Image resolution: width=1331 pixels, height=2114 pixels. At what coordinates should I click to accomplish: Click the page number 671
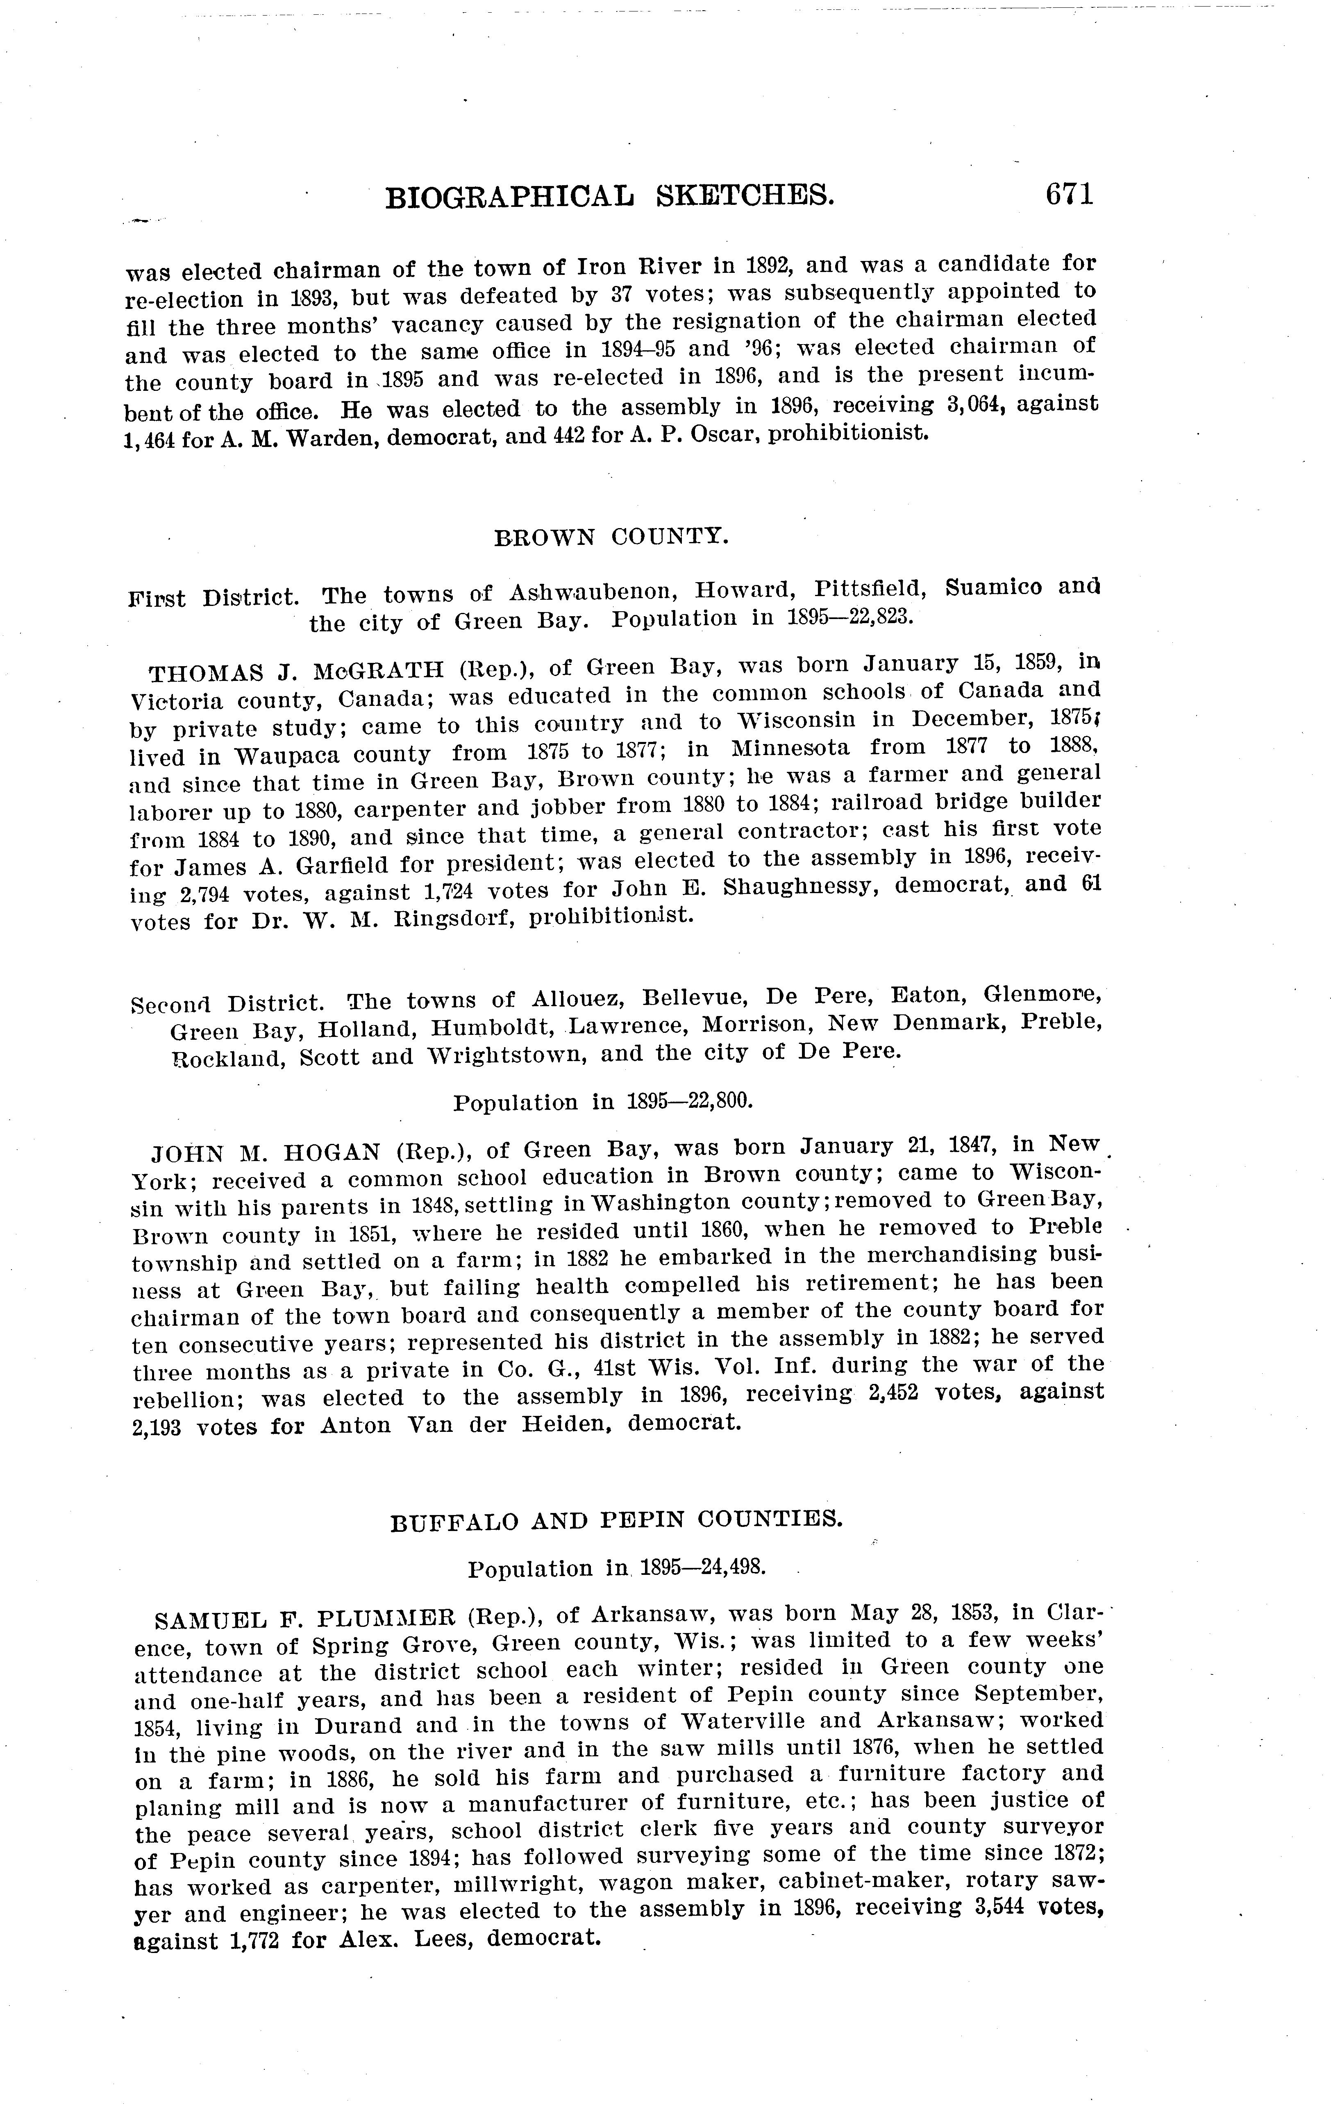(1068, 194)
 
